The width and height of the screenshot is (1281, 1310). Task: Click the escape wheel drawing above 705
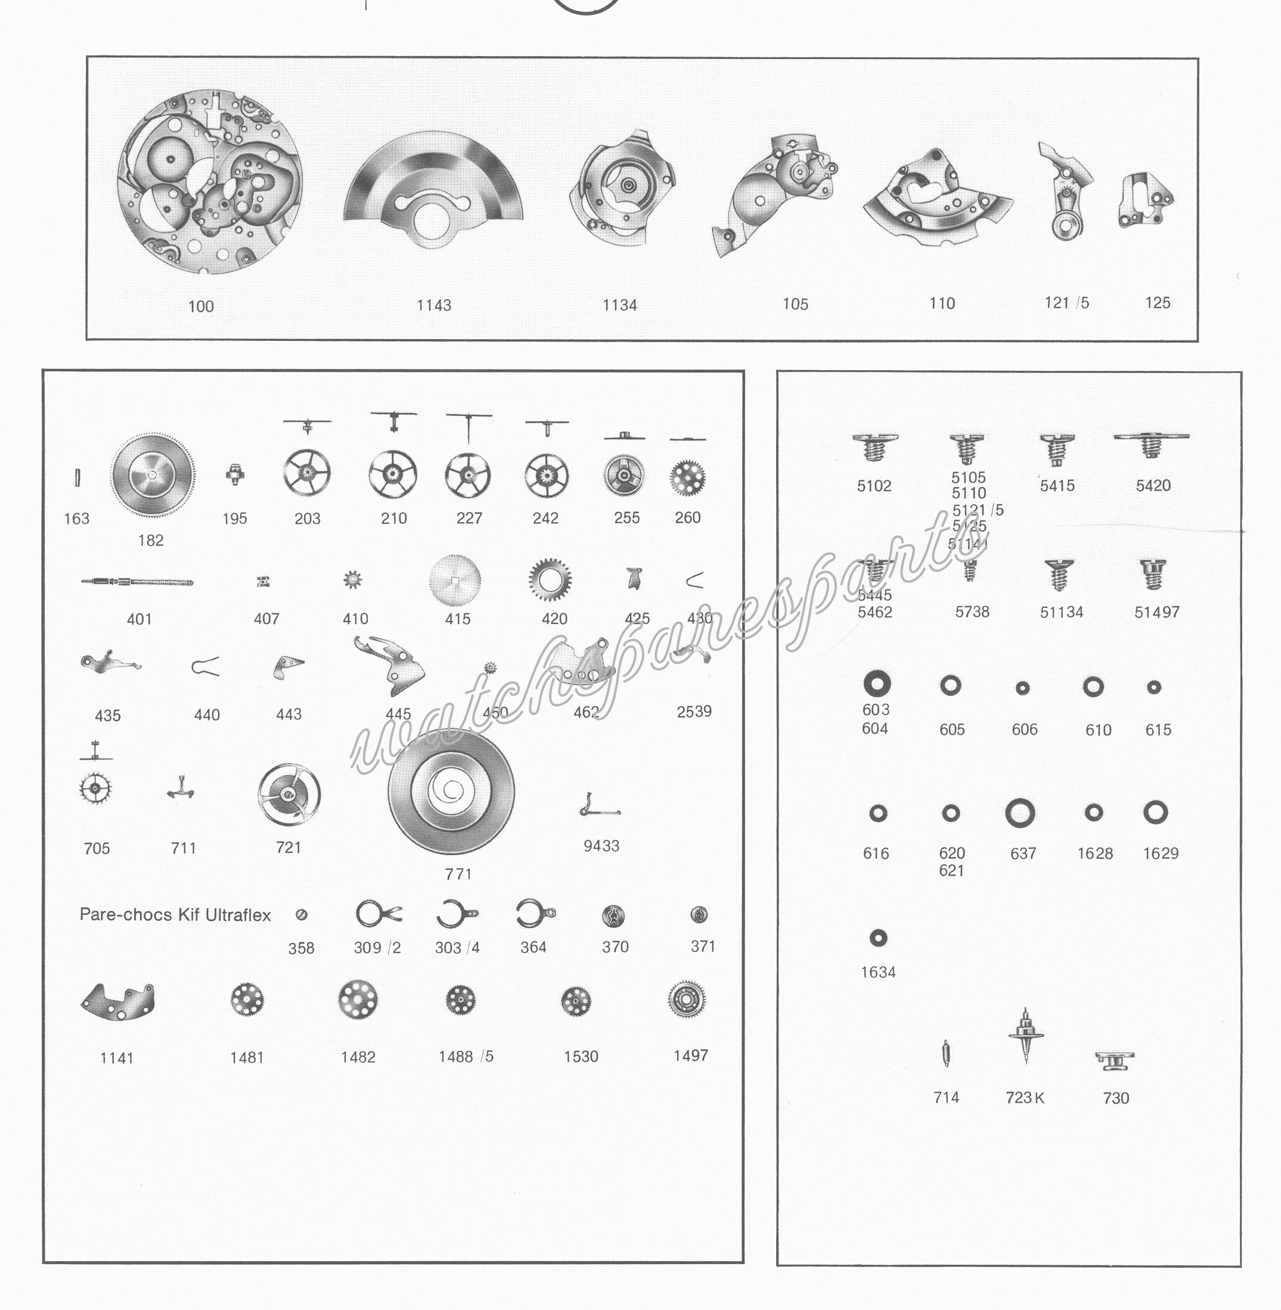95,789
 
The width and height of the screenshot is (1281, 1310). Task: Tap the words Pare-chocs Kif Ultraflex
175,915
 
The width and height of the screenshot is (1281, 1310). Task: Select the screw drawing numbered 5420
1151,445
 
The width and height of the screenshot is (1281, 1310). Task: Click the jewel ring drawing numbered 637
1019,813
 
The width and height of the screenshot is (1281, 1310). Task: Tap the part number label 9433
601,846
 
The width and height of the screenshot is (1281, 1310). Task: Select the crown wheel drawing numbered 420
550,580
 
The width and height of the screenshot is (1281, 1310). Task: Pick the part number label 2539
694,711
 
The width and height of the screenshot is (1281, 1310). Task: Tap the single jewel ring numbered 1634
878,938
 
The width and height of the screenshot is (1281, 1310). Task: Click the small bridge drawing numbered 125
1146,201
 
